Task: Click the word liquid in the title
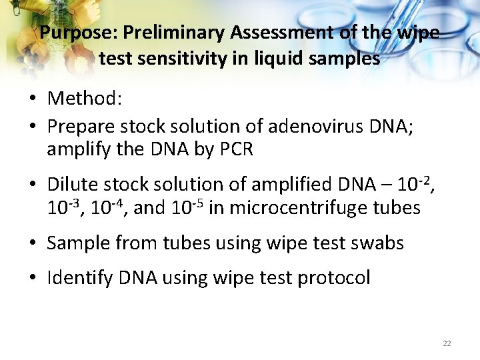coord(276,59)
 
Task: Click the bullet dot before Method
coord(32,99)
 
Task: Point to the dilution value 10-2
coord(411,183)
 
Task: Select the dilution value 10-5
coord(186,207)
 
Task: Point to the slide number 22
coord(447,343)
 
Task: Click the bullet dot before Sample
coord(32,243)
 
